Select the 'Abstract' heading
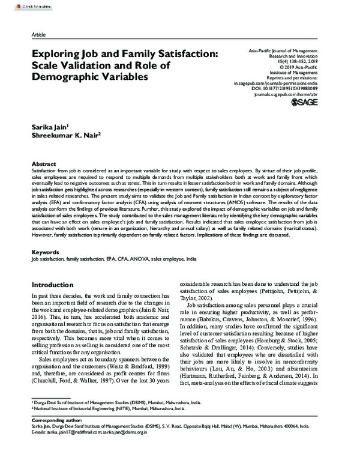click(x=44, y=164)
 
